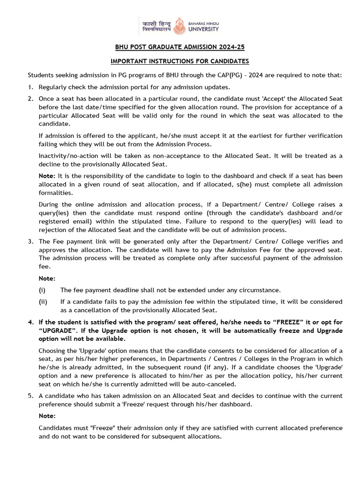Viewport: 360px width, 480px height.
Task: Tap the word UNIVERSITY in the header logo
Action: (x=203, y=29)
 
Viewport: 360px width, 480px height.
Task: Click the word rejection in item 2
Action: (x=53, y=230)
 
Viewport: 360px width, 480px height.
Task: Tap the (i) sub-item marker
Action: (x=42, y=290)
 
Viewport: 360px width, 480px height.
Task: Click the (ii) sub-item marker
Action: (x=43, y=302)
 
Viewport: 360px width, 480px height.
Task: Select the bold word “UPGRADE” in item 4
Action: (x=58, y=330)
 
